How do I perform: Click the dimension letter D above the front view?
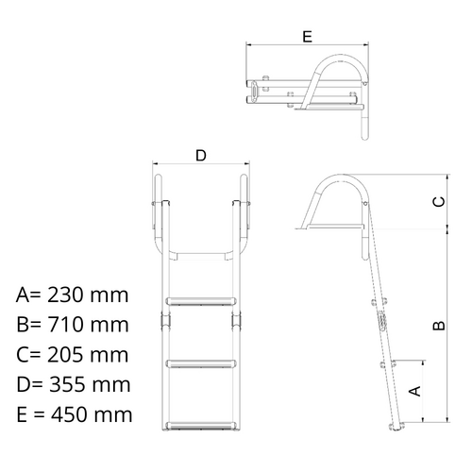point(200,156)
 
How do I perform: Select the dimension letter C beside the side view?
point(437,202)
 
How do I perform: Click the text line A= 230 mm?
point(72,295)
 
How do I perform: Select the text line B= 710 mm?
point(72,325)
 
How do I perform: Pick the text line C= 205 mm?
point(72,355)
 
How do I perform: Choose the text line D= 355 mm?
point(72,385)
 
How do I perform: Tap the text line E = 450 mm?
point(74,415)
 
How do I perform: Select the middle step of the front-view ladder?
point(200,362)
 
